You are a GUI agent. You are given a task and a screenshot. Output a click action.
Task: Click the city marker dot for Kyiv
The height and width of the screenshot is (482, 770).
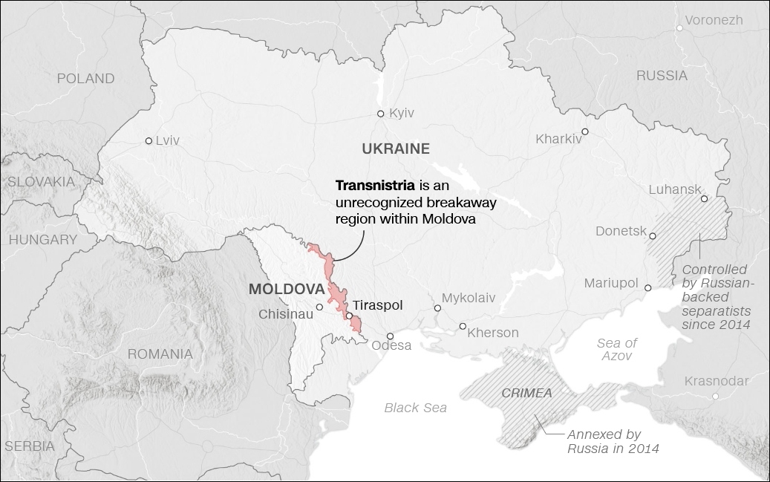(380, 114)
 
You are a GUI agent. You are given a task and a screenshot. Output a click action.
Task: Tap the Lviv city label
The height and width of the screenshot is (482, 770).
(167, 140)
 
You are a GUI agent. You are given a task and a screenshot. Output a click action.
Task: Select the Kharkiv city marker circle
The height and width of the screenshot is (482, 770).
(585, 131)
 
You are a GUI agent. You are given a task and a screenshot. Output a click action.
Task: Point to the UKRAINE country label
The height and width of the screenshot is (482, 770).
(396, 149)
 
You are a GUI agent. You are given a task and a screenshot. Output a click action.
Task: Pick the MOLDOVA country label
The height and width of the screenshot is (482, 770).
(287, 289)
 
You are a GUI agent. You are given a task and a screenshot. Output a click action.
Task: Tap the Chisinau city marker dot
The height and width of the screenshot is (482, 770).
(319, 307)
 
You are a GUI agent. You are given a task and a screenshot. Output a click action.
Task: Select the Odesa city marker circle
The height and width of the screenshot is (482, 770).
(388, 336)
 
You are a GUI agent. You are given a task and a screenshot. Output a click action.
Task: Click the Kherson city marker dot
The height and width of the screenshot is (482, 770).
(463, 326)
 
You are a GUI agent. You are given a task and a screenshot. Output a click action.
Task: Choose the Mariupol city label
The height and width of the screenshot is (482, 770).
(611, 283)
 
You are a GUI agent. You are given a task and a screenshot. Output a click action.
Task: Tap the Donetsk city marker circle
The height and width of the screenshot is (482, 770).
(653, 236)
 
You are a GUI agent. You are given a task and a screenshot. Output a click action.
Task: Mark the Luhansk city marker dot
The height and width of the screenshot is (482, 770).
(703, 198)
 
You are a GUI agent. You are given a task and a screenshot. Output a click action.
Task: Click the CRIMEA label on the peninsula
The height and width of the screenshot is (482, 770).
(526, 393)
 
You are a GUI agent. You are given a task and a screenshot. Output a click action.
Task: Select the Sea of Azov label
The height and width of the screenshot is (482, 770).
(617, 349)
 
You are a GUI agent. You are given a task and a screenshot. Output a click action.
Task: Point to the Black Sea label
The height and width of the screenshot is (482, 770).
(415, 407)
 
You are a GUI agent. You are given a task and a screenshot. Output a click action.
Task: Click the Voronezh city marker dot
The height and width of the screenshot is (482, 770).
(679, 28)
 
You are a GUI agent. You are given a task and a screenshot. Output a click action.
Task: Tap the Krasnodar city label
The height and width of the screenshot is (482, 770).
(717, 381)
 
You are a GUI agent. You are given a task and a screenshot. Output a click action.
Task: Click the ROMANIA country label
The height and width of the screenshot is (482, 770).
(160, 354)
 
